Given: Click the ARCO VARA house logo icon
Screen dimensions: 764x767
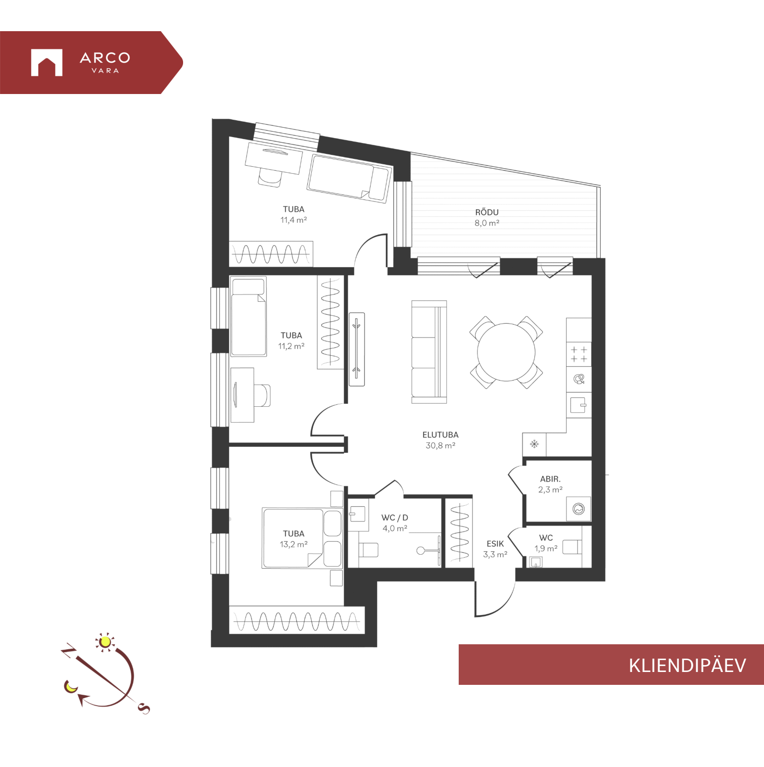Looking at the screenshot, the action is (47, 62).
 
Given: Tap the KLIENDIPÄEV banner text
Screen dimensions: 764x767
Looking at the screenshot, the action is (687, 665).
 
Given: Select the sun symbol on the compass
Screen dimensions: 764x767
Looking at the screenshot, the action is (104, 642).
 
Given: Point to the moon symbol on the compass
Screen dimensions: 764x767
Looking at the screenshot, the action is (71, 687).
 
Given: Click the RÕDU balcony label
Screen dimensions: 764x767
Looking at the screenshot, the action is (487, 212).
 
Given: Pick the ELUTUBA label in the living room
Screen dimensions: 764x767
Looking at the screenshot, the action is (440, 435).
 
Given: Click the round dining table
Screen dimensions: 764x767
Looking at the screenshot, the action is (506, 352).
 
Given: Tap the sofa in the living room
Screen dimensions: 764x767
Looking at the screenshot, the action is (429, 352).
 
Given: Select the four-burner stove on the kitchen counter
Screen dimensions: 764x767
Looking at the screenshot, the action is (579, 354).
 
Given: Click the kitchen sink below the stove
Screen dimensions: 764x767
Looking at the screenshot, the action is (578, 405).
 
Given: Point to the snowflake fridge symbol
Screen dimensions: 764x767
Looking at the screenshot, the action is (534, 444).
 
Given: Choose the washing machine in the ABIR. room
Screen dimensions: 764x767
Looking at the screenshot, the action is (578, 509).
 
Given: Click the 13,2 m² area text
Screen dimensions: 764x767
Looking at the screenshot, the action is (294, 544).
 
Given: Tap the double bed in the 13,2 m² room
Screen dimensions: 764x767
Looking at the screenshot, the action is (302, 538).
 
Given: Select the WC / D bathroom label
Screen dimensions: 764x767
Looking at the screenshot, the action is (395, 518).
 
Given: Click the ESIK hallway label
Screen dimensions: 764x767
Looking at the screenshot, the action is (495, 544).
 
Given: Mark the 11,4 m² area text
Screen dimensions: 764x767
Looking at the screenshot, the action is (294, 220).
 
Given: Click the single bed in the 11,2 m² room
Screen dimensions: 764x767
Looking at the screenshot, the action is (248, 317).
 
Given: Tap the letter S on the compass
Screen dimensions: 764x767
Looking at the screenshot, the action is (144, 709).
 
